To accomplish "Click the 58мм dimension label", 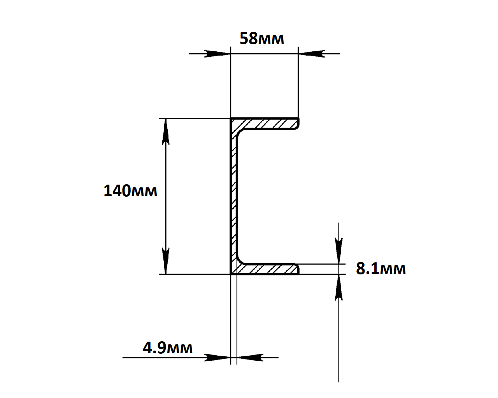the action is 261,39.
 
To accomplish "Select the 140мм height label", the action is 130,191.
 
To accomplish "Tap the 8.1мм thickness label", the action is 381,269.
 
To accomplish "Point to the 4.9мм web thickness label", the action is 168,347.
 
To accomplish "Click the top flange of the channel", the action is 268,124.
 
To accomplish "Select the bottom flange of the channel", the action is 268,269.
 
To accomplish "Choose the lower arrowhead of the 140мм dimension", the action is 166,261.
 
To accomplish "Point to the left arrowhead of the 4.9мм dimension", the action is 217,358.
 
